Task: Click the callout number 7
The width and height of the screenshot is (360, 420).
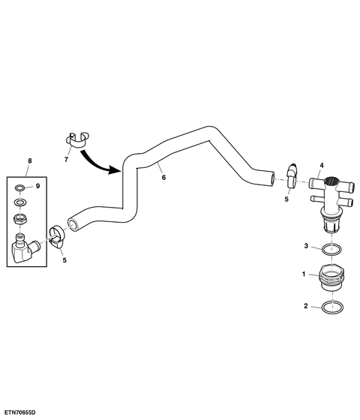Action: coord(66,159)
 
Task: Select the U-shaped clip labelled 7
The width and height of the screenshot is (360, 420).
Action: coord(76,139)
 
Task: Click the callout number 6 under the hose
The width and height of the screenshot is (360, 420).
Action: coord(163,177)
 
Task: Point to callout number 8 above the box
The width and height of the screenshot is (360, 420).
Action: coord(30,160)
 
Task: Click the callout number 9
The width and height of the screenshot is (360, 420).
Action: coord(37,186)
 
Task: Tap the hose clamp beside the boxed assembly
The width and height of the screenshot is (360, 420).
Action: coord(57,235)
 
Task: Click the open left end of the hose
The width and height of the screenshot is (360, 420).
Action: coord(73,224)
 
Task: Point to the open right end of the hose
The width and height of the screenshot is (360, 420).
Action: coord(272,178)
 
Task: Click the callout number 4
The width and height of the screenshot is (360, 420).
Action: coord(322,165)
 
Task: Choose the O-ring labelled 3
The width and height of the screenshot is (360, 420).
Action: coord(331,249)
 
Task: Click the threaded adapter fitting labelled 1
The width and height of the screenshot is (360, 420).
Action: coord(331,278)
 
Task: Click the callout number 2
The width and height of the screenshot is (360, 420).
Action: coord(306,306)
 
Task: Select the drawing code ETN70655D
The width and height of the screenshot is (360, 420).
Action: coord(19,412)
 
